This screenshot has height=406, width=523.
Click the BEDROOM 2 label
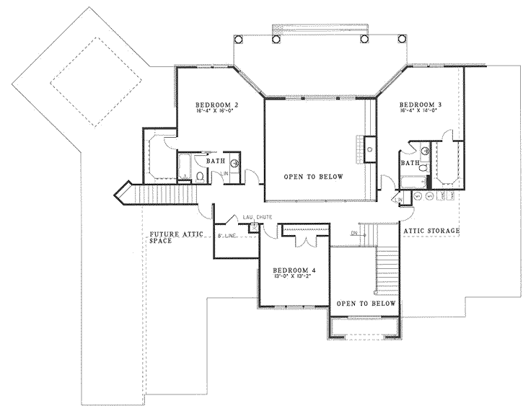217,105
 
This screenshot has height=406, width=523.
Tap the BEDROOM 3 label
421,105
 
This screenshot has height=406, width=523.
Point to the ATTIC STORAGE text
431,231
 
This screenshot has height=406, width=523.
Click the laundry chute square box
253,227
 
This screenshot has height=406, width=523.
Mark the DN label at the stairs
354,232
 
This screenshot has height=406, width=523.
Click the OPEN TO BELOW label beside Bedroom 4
366,304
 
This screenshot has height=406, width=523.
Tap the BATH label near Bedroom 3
410,163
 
